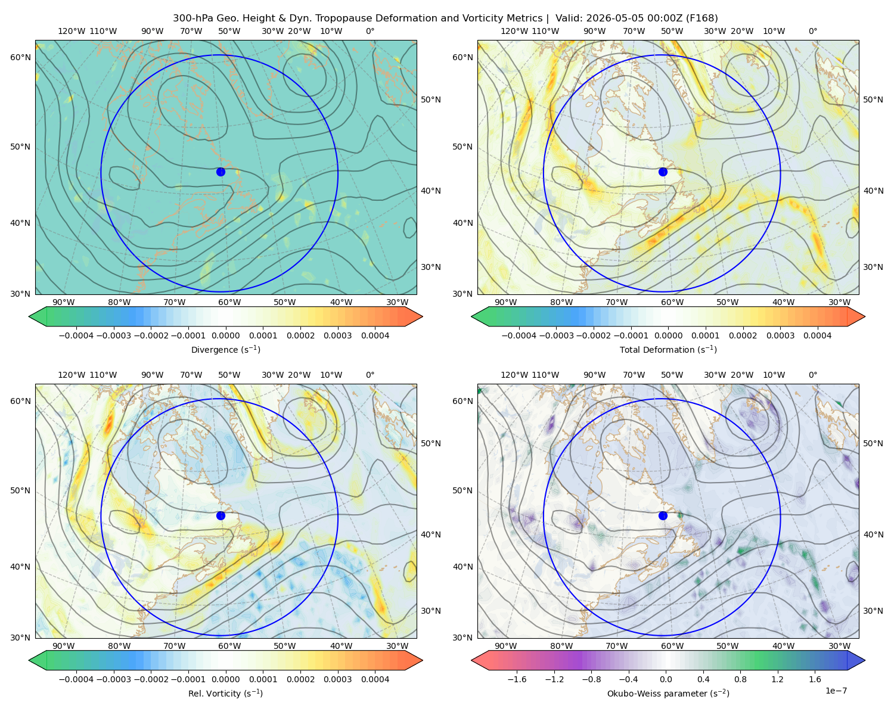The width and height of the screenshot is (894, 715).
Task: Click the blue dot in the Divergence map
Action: tap(221, 172)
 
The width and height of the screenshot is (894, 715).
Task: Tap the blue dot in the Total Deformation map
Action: tap(663, 172)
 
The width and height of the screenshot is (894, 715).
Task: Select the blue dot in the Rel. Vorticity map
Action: tap(221, 515)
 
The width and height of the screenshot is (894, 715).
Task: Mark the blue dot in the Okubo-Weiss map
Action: tap(663, 515)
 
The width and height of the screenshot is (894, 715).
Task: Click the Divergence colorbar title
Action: tap(225, 349)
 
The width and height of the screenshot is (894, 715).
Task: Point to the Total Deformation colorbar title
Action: tap(668, 349)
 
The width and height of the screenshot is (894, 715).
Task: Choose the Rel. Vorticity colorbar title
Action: tap(225, 693)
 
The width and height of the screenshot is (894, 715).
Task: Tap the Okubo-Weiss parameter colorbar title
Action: tap(668, 693)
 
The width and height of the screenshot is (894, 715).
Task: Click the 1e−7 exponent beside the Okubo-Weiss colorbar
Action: tap(836, 691)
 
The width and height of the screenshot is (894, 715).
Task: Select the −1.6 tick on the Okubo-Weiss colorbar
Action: tap(517, 679)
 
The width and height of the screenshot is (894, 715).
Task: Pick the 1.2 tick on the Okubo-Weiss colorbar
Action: tap(777, 679)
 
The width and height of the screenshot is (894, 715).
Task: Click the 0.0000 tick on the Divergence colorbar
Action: tap(225, 335)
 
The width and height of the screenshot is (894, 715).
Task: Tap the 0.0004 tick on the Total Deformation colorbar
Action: tap(817, 335)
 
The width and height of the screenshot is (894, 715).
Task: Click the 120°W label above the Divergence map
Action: tap(72, 31)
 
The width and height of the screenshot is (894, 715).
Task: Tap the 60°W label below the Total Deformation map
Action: tap(672, 302)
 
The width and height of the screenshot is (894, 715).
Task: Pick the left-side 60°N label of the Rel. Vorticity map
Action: tap(20, 401)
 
